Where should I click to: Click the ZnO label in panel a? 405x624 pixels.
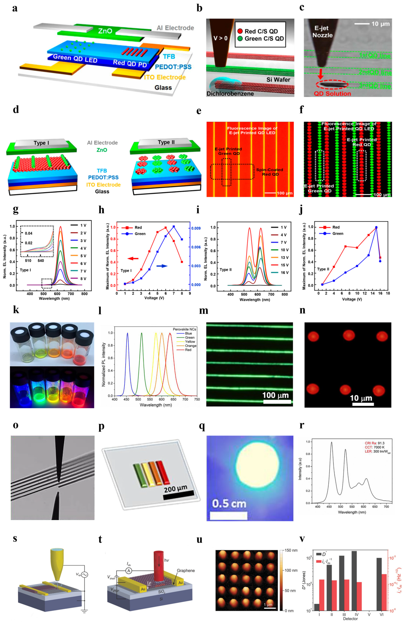click(105, 31)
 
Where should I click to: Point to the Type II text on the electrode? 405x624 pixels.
click(166, 142)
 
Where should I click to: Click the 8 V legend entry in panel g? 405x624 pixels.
click(83, 279)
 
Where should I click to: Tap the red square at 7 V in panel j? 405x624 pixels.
click(346, 246)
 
